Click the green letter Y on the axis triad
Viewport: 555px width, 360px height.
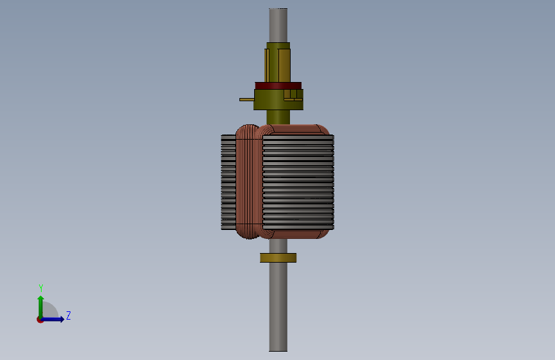click(x=41, y=288)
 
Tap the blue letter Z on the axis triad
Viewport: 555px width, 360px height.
click(x=68, y=315)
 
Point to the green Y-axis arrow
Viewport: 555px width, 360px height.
click(x=41, y=307)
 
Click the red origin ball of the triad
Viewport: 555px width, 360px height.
click(x=40, y=320)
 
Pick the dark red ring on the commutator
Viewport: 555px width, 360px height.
click(x=278, y=86)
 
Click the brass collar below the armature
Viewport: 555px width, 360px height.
click(x=278, y=258)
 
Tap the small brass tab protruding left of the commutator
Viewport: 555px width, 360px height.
click(x=246, y=99)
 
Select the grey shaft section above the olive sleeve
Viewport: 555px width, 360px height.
click(x=278, y=26)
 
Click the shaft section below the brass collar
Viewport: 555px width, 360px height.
click(x=278, y=307)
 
